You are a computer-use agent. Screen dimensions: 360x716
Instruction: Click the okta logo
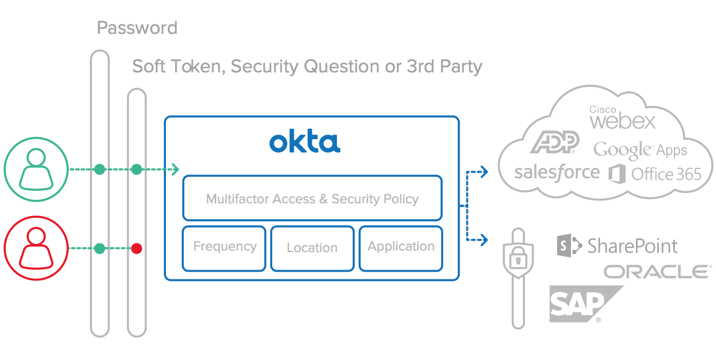point(305,142)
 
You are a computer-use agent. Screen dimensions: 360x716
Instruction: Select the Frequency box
point(224,248)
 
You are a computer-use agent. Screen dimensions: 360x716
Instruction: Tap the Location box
point(312,248)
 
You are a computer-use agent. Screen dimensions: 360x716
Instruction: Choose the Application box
point(401,248)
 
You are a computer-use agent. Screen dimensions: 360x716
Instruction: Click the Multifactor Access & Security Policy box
point(312,198)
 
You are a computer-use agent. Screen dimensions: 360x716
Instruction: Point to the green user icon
point(36,169)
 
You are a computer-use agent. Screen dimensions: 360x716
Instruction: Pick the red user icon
point(36,249)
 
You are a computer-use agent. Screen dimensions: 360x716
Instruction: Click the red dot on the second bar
point(137,249)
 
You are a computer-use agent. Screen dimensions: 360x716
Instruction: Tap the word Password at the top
point(137,27)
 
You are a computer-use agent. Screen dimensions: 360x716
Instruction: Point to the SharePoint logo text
point(632,246)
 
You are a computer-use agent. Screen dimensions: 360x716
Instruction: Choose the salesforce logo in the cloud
point(557,173)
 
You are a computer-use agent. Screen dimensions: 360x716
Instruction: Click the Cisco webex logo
point(623,118)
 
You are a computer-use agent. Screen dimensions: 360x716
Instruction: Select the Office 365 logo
point(655,174)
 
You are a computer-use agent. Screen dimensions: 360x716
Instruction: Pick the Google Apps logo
point(640,149)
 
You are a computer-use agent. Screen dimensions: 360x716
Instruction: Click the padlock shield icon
point(518,260)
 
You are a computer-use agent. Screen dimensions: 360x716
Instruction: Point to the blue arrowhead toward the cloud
point(484,172)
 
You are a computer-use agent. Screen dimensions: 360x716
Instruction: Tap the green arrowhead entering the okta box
point(175,169)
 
